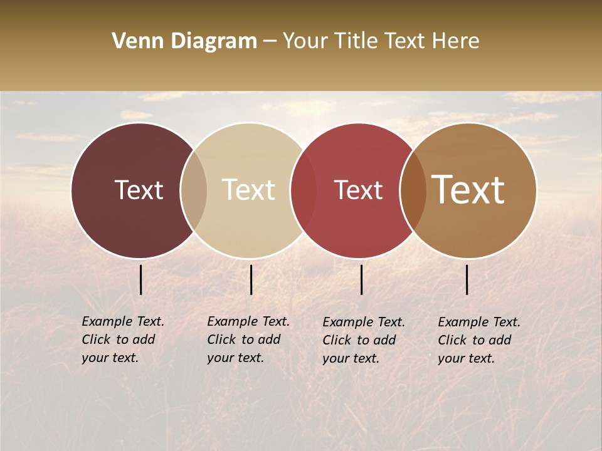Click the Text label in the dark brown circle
139,190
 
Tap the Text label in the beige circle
248,190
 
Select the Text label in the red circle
358,190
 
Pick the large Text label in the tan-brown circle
468,190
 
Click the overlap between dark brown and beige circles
194,190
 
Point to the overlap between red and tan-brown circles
413,190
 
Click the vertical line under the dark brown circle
140,279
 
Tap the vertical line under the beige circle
251,279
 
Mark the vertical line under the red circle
361,279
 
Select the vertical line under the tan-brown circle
467,279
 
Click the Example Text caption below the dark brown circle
123,340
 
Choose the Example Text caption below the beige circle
248,340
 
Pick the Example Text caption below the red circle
364,340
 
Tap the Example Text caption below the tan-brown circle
479,340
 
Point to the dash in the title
270,42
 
